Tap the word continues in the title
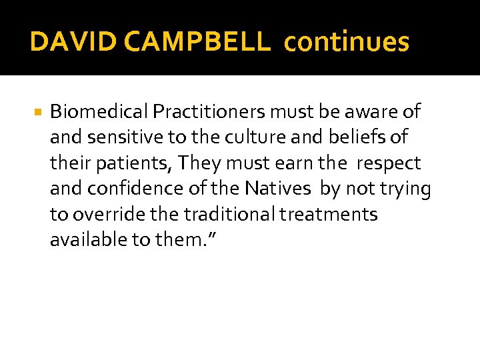click(x=347, y=42)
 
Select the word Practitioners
click(x=202, y=112)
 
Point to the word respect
click(x=389, y=163)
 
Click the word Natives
click(x=277, y=189)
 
